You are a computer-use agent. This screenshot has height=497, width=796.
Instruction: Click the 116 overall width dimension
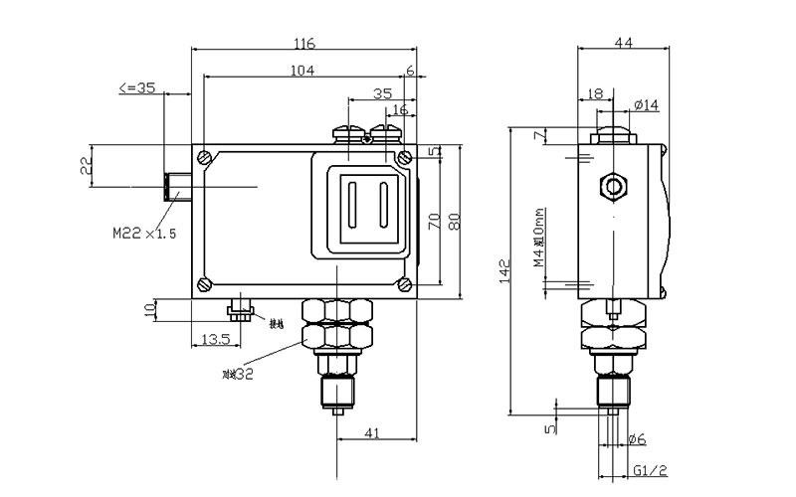(304, 43)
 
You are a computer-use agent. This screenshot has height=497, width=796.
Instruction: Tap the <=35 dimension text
(136, 87)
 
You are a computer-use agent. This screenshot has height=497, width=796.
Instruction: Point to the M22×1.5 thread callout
(144, 235)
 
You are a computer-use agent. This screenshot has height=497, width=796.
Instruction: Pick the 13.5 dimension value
(216, 339)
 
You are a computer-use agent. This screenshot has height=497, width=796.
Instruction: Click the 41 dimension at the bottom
(373, 432)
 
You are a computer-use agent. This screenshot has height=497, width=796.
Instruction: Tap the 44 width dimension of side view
(623, 43)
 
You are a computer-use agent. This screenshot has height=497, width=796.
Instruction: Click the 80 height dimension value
(455, 221)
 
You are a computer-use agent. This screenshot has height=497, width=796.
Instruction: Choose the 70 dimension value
(433, 221)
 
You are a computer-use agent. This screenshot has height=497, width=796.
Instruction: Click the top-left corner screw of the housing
(204, 157)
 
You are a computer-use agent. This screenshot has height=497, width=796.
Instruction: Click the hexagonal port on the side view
(614, 186)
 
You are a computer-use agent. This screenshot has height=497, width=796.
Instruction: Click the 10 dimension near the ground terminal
(149, 309)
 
